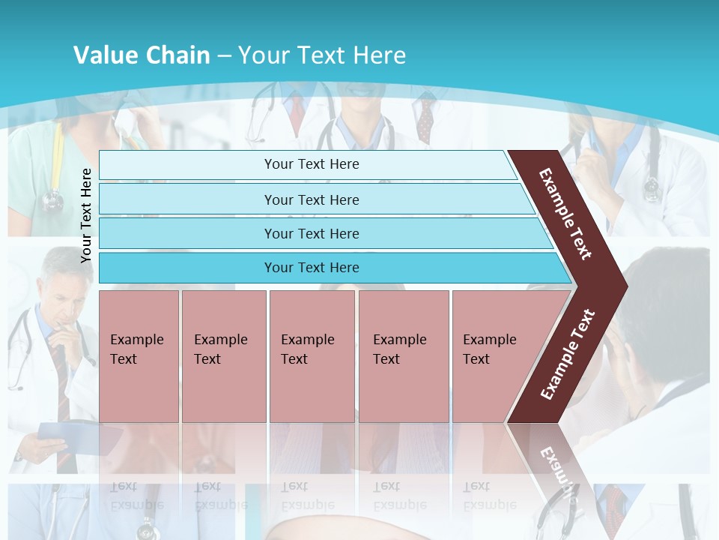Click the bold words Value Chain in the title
(142, 55)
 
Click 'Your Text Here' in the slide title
(322, 55)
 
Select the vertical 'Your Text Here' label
(86, 215)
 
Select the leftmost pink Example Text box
(139, 356)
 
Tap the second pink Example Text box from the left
(223, 356)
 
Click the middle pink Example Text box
(312, 356)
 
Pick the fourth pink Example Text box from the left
(404, 356)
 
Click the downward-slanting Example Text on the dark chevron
(565, 214)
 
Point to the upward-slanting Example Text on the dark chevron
(568, 355)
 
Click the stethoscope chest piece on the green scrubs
(52, 199)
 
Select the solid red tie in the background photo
(297, 112)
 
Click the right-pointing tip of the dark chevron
(625, 286)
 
